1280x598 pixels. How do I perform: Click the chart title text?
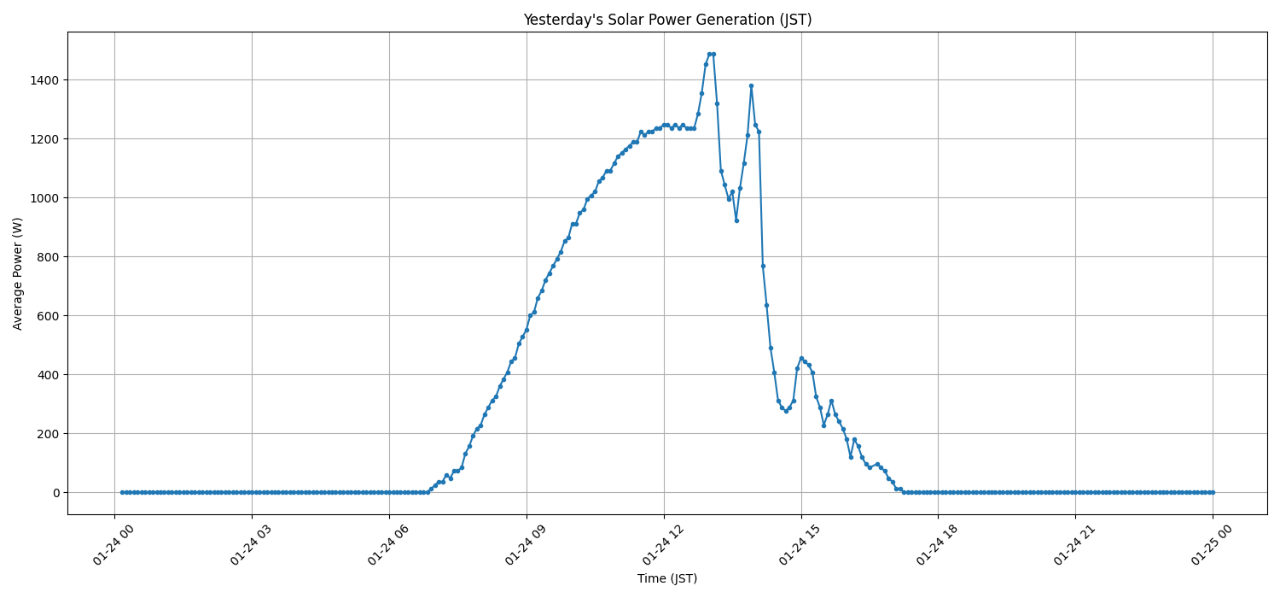667,20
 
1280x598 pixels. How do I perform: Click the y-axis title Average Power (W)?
18,273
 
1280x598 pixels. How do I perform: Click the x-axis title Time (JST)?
667,578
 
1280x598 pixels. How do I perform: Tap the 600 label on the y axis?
48,316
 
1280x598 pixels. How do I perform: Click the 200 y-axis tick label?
48,434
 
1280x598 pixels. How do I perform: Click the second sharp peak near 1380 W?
751,85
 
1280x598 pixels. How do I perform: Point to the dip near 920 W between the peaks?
736,220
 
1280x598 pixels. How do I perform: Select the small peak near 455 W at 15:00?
800,358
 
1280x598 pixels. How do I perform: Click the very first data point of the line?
122,492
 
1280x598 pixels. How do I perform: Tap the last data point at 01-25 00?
1213,492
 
